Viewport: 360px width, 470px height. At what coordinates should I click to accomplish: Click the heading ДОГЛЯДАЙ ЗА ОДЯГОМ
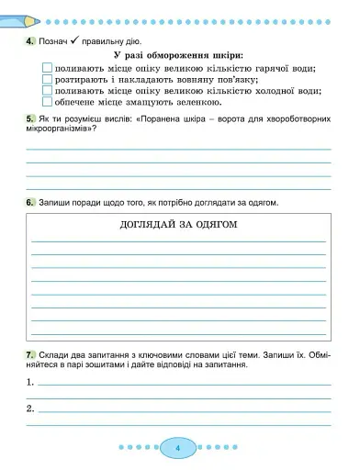tap(179, 225)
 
